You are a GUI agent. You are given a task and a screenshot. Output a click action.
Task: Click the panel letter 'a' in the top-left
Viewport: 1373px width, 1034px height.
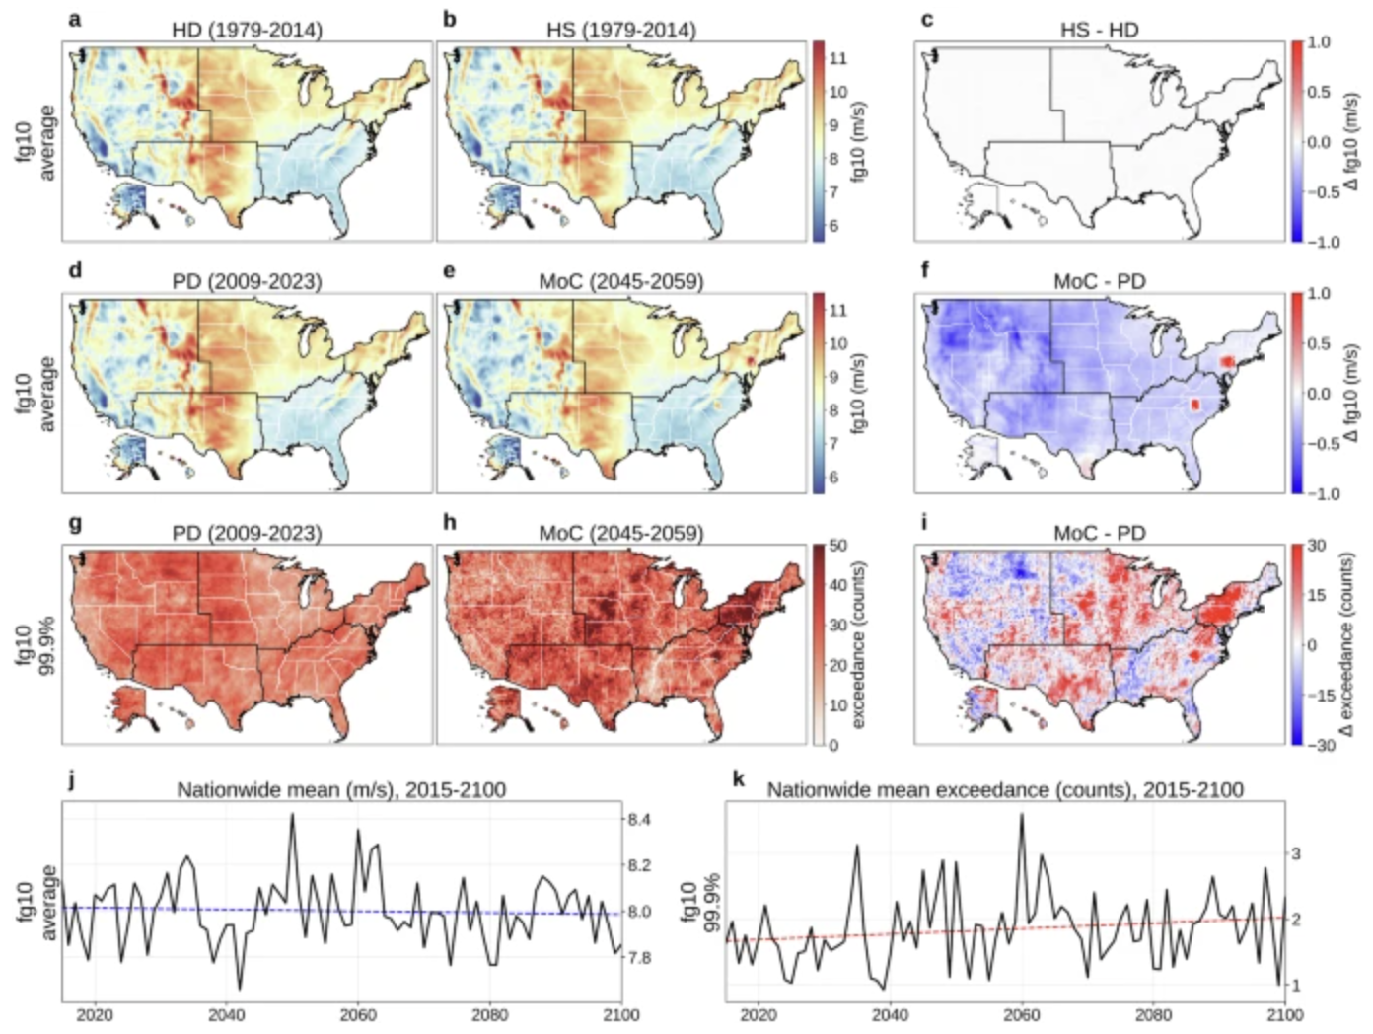click(x=74, y=19)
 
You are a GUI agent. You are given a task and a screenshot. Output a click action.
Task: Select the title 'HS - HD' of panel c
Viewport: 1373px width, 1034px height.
click(x=1099, y=30)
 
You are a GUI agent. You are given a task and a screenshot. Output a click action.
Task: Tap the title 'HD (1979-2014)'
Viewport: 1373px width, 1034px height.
click(x=247, y=30)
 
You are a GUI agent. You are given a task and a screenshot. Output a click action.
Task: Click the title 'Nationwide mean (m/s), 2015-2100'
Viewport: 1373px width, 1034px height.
click(x=341, y=789)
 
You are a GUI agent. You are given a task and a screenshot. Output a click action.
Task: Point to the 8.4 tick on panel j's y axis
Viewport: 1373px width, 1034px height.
click(x=638, y=819)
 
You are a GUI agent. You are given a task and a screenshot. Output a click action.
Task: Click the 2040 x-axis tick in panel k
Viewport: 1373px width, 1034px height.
click(x=890, y=1014)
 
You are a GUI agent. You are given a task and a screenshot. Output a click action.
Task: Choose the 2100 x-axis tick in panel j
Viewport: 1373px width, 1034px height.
click(x=620, y=1014)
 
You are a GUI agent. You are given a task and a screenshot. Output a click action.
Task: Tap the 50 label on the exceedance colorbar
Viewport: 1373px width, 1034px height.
click(x=837, y=546)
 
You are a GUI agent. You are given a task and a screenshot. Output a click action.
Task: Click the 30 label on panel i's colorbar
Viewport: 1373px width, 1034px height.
click(x=1316, y=546)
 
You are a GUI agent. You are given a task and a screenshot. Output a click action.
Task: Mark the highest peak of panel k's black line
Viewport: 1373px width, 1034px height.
click(x=1021, y=814)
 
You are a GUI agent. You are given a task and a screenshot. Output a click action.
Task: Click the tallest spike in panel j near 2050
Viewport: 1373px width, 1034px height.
click(x=292, y=815)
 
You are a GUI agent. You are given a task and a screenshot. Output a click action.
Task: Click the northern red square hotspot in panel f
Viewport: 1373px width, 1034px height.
click(x=1227, y=362)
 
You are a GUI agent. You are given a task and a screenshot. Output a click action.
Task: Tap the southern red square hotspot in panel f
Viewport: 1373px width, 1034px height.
click(x=1194, y=405)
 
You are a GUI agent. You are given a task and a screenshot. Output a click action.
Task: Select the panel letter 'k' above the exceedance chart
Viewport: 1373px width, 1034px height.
click(x=738, y=779)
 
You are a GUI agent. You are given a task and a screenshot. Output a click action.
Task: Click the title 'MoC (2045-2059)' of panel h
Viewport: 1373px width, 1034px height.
click(x=620, y=533)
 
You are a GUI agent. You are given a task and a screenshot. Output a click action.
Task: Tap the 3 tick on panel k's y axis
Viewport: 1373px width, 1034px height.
click(x=1298, y=853)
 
